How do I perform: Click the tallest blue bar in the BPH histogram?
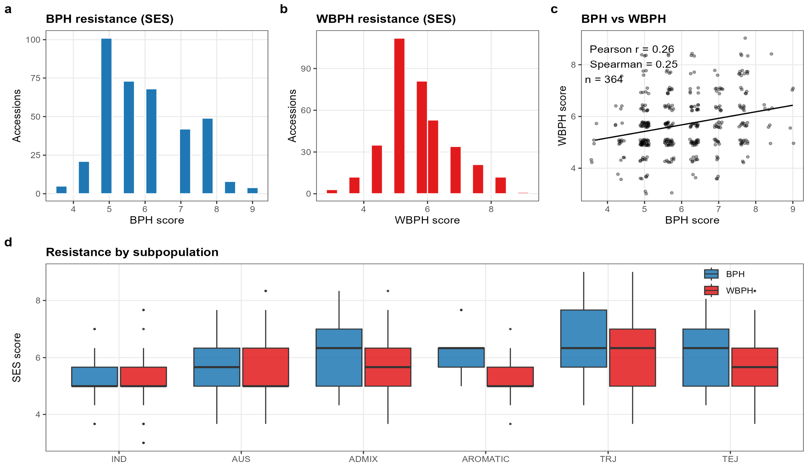(107, 116)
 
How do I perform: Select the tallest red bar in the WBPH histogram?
(399, 116)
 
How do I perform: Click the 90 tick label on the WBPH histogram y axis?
(306, 69)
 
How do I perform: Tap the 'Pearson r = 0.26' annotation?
(632, 49)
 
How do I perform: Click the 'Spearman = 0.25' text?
(634, 64)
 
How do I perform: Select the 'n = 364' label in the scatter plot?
(604, 79)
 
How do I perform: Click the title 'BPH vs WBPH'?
(623, 19)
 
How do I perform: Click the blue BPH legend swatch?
(711, 274)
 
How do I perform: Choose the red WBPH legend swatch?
(711, 290)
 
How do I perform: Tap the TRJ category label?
(608, 459)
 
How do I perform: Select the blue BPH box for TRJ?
(584, 338)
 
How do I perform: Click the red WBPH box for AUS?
(266, 367)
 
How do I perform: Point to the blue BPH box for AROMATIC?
(461, 358)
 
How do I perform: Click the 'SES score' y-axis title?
(17, 358)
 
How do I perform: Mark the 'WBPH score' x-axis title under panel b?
(427, 220)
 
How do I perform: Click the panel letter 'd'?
(8, 242)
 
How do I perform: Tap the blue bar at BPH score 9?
(252, 191)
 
